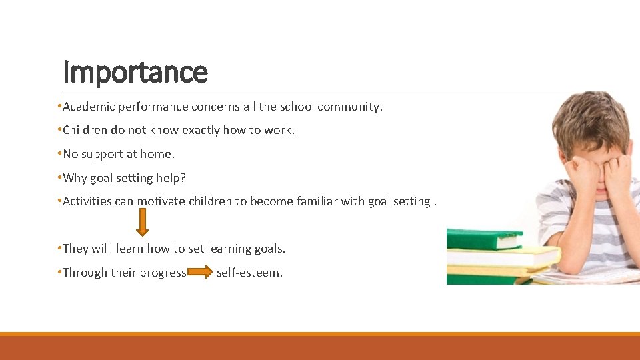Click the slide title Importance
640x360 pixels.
click(135, 72)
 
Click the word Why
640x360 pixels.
click(74, 178)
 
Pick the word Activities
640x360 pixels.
click(87, 201)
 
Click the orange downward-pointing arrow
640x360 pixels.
click(142, 222)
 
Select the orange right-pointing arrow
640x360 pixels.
click(200, 272)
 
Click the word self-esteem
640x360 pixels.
click(249, 273)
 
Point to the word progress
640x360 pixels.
click(163, 273)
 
